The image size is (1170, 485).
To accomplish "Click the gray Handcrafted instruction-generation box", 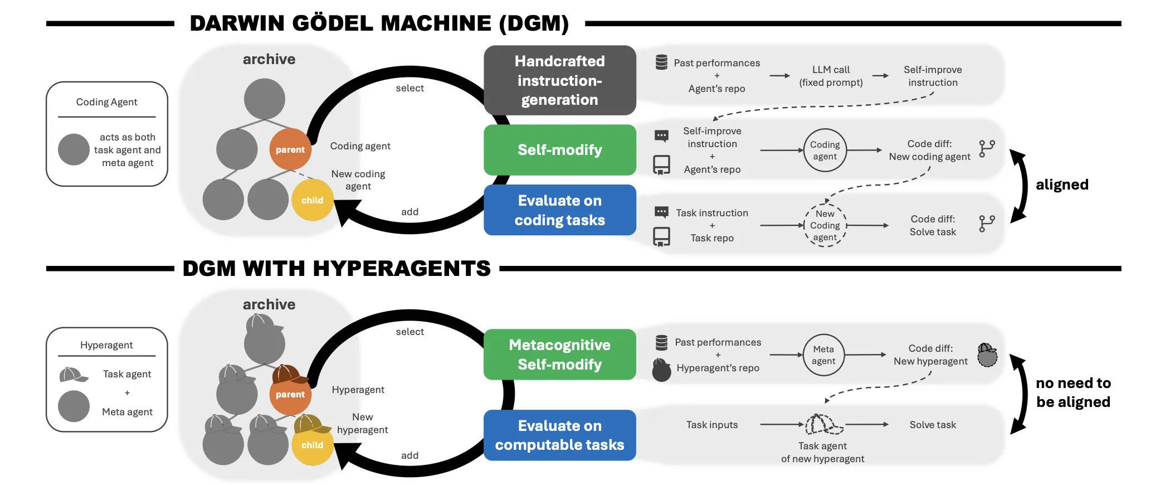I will [x=559, y=80].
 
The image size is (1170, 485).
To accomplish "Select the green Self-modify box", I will [x=559, y=150].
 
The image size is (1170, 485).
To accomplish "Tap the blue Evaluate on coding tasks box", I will [x=559, y=210].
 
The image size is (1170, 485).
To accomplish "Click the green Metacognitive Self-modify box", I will [x=559, y=355].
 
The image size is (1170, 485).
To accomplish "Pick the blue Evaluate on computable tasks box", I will [x=559, y=435].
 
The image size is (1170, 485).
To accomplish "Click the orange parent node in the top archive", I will [x=290, y=149].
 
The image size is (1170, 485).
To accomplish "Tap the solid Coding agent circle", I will [x=825, y=151].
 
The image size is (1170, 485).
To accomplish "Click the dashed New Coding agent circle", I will [x=825, y=225].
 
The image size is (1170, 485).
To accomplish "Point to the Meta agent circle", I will [x=823, y=355].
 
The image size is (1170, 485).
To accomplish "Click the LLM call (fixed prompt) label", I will [x=831, y=76].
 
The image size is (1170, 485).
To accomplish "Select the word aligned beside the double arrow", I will [x=1062, y=185].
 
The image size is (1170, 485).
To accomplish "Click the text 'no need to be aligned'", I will [x=1073, y=392].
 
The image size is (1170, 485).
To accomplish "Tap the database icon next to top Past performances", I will [x=661, y=62].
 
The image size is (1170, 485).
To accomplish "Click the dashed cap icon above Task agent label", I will [x=823, y=425].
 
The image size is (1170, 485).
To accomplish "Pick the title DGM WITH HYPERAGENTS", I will [x=337, y=269].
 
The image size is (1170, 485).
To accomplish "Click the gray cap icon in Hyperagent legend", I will [x=73, y=375].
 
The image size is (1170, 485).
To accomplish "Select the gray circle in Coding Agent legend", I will [x=74, y=149].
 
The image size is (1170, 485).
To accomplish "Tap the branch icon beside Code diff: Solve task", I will [x=987, y=224].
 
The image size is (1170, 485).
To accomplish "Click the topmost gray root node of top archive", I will [x=265, y=99].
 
